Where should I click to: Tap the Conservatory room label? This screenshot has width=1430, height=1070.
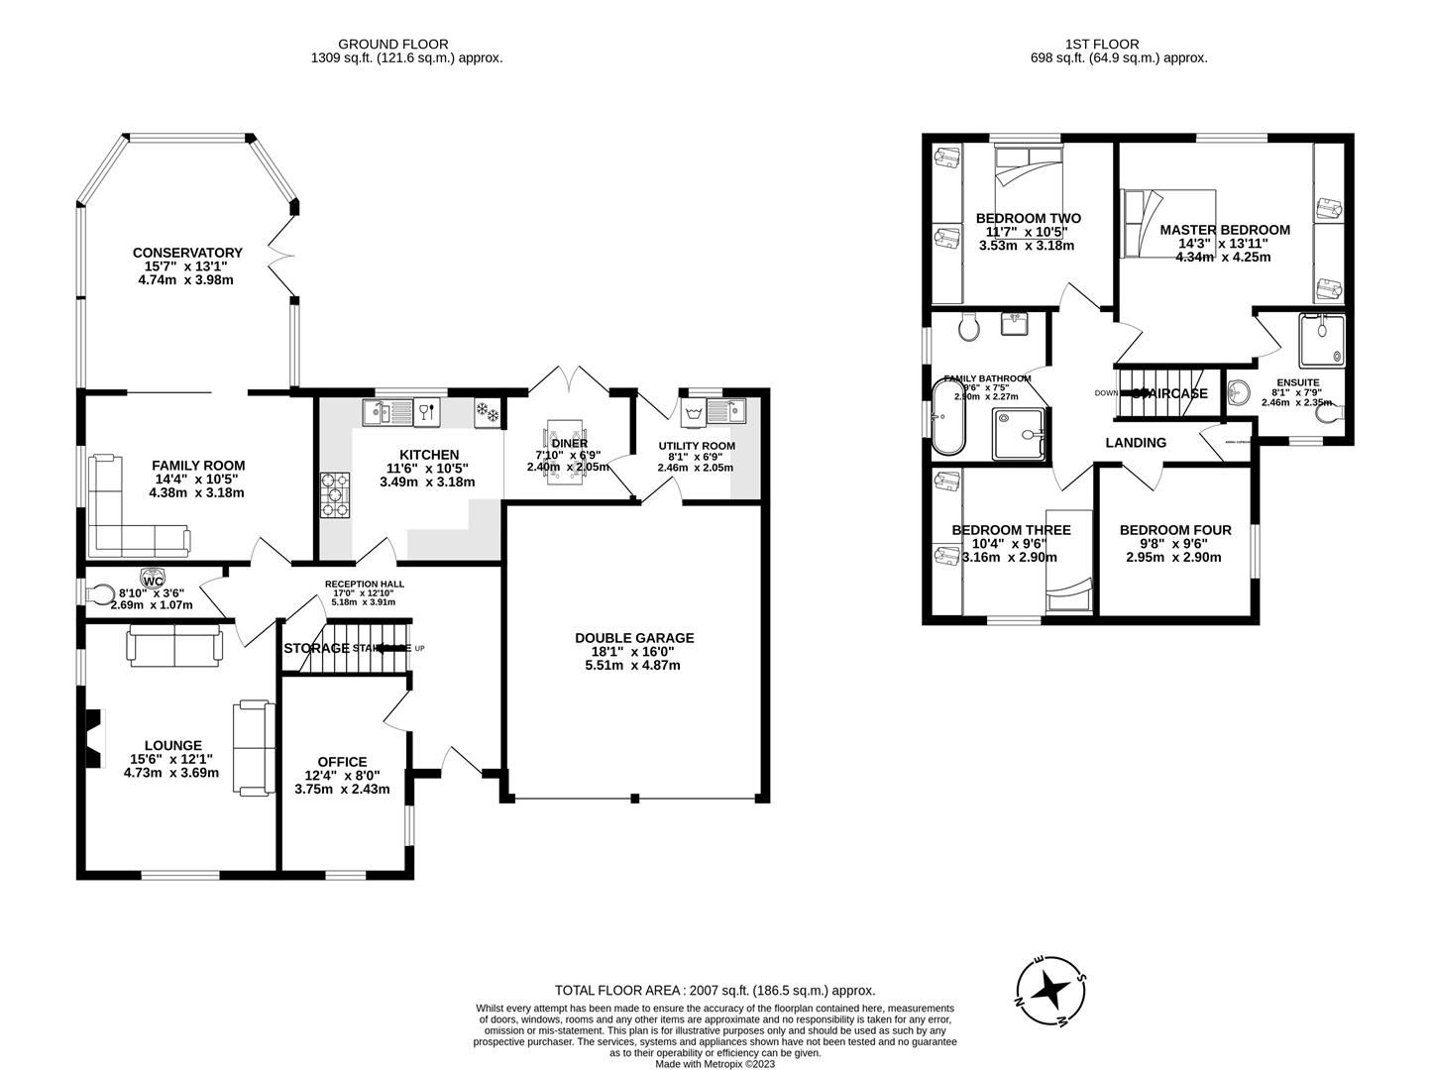point(187,253)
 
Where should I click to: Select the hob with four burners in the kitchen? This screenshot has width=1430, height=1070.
point(335,494)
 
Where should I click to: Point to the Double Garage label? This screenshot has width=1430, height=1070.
point(634,638)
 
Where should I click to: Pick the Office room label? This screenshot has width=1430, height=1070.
point(342,762)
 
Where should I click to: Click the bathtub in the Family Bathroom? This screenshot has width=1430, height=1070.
point(947,416)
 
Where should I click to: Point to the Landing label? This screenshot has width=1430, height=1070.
point(1136,443)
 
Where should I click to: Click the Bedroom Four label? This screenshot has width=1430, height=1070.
point(1175,530)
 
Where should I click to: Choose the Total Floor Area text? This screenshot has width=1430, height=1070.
point(715,990)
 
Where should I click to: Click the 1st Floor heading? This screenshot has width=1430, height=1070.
point(1102,44)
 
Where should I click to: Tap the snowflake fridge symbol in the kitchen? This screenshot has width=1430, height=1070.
point(488,410)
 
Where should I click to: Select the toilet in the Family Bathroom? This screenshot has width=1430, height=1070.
point(968,326)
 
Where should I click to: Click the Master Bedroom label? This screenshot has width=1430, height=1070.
point(1225,230)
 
